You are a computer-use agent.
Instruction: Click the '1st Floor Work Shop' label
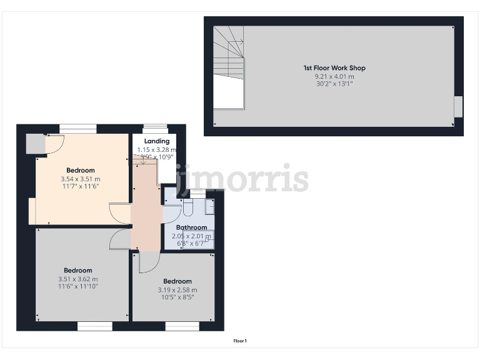(334, 67)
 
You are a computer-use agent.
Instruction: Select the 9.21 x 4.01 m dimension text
(334, 76)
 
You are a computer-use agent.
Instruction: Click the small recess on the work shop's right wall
(458, 106)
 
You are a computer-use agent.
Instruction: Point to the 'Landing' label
(156, 141)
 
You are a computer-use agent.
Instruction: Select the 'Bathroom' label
(191, 227)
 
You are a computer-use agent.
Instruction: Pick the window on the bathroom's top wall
(198, 193)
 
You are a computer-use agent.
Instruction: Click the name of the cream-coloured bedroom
(81, 171)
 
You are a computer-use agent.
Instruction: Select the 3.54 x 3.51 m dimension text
(81, 179)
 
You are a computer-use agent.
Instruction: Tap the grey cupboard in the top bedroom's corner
(35, 144)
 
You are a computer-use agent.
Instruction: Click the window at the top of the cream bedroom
(78, 129)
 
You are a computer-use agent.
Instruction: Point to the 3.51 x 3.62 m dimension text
(78, 279)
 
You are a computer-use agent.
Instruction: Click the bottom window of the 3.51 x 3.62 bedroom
(95, 326)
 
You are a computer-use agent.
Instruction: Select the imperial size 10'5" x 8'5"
(177, 297)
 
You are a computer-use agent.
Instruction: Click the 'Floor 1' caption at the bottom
(240, 341)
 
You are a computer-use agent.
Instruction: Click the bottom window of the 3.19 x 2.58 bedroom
(182, 326)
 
